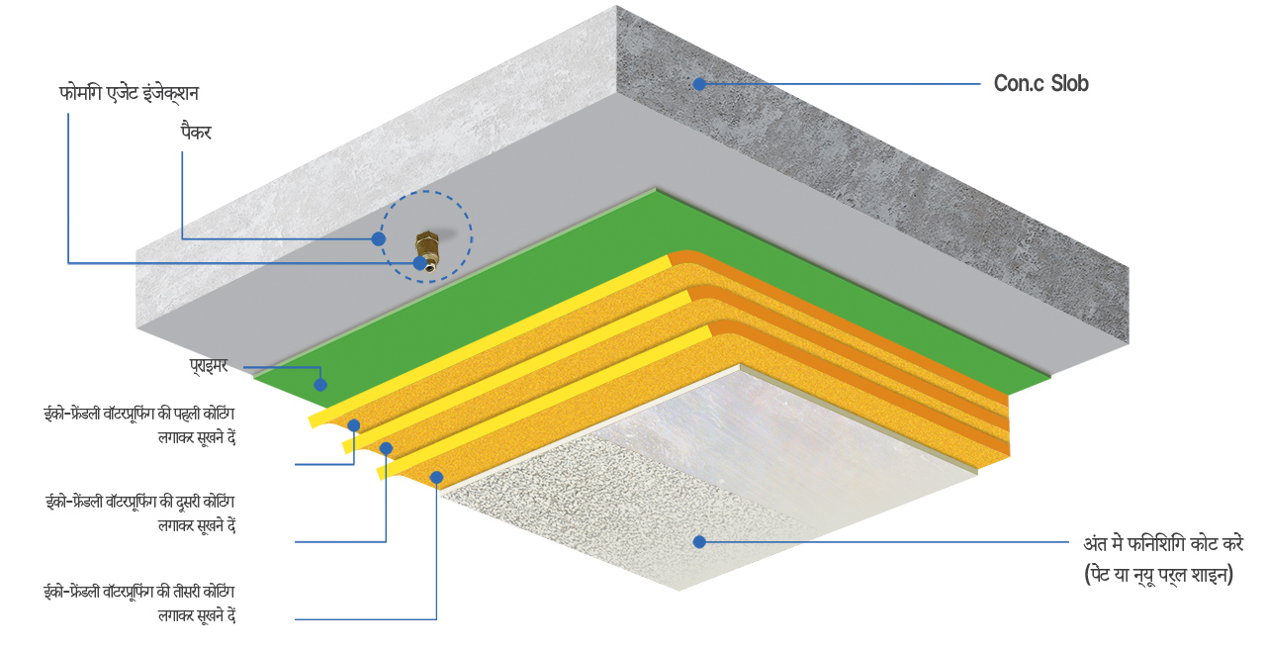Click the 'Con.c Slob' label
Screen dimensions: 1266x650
(x=1041, y=84)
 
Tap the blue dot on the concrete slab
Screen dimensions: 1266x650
(x=699, y=84)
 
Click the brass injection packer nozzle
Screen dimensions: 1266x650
(x=428, y=250)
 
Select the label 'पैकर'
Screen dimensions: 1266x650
(x=196, y=133)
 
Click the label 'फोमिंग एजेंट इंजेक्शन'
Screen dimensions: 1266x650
(x=129, y=92)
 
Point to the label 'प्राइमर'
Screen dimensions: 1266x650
(x=209, y=366)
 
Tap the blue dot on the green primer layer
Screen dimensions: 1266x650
(x=320, y=385)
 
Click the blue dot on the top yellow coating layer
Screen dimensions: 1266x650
(x=354, y=425)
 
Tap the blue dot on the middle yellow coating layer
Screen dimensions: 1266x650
(x=386, y=449)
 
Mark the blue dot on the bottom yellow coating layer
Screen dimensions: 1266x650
(x=436, y=478)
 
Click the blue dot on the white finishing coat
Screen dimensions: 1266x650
(x=699, y=541)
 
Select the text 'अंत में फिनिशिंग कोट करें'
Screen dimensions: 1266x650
(x=1163, y=544)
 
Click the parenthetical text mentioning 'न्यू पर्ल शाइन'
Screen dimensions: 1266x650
(x=1158, y=576)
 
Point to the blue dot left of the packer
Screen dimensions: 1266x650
(x=379, y=238)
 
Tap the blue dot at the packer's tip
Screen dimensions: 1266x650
(x=419, y=263)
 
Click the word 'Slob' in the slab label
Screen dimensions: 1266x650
(x=1070, y=84)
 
